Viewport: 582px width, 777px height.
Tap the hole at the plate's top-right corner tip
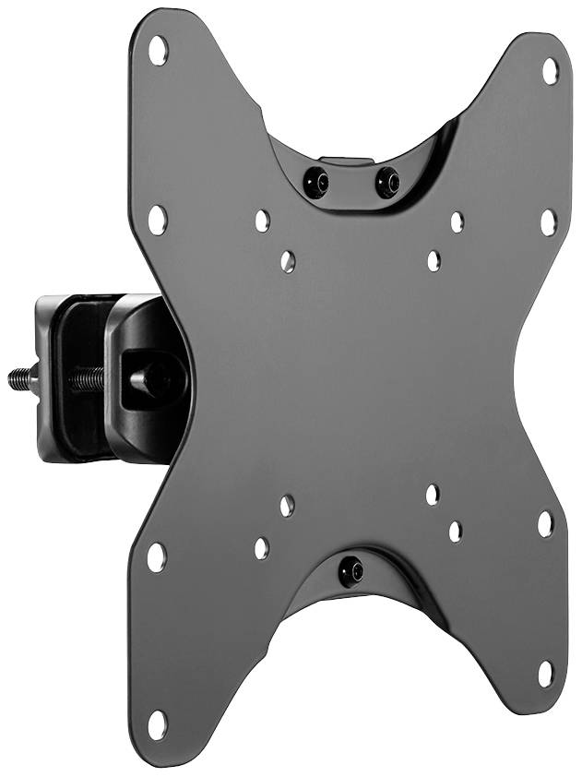550,70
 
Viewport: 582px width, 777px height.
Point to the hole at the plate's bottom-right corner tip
546,673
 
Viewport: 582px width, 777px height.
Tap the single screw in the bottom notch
351,571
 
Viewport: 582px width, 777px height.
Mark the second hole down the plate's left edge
158,218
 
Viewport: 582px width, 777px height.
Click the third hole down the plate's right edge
545,523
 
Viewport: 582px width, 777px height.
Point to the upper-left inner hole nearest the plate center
288,262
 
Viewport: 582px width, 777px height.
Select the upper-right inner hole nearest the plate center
434,260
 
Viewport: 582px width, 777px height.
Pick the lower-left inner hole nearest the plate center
287,505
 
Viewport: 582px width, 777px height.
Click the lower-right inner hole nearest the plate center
432,495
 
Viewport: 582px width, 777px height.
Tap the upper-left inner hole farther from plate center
262,221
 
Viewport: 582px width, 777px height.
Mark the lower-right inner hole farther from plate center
456,531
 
